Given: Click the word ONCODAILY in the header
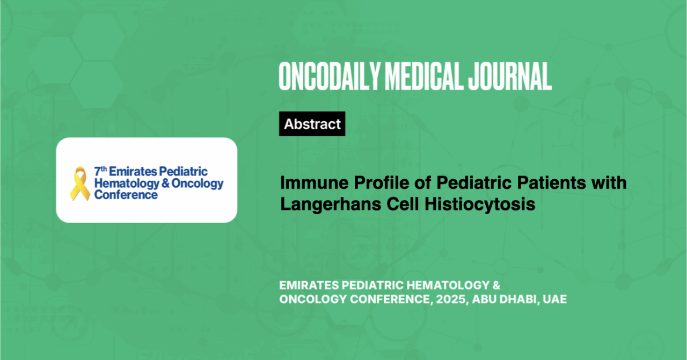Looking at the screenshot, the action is click(x=330, y=76).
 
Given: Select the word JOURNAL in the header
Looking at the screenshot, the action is click(x=510, y=76).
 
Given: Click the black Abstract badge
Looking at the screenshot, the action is click(x=312, y=123).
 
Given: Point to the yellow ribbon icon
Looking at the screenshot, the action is click(x=80, y=183).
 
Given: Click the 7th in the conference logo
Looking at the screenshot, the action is click(x=100, y=171).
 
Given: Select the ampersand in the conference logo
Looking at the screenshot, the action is click(x=165, y=183).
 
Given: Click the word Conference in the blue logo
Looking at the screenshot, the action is click(x=126, y=195).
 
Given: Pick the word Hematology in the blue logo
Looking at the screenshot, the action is click(x=127, y=183).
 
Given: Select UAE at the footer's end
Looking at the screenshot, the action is click(x=554, y=299).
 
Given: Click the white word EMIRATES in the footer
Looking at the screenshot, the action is click(x=309, y=285).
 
